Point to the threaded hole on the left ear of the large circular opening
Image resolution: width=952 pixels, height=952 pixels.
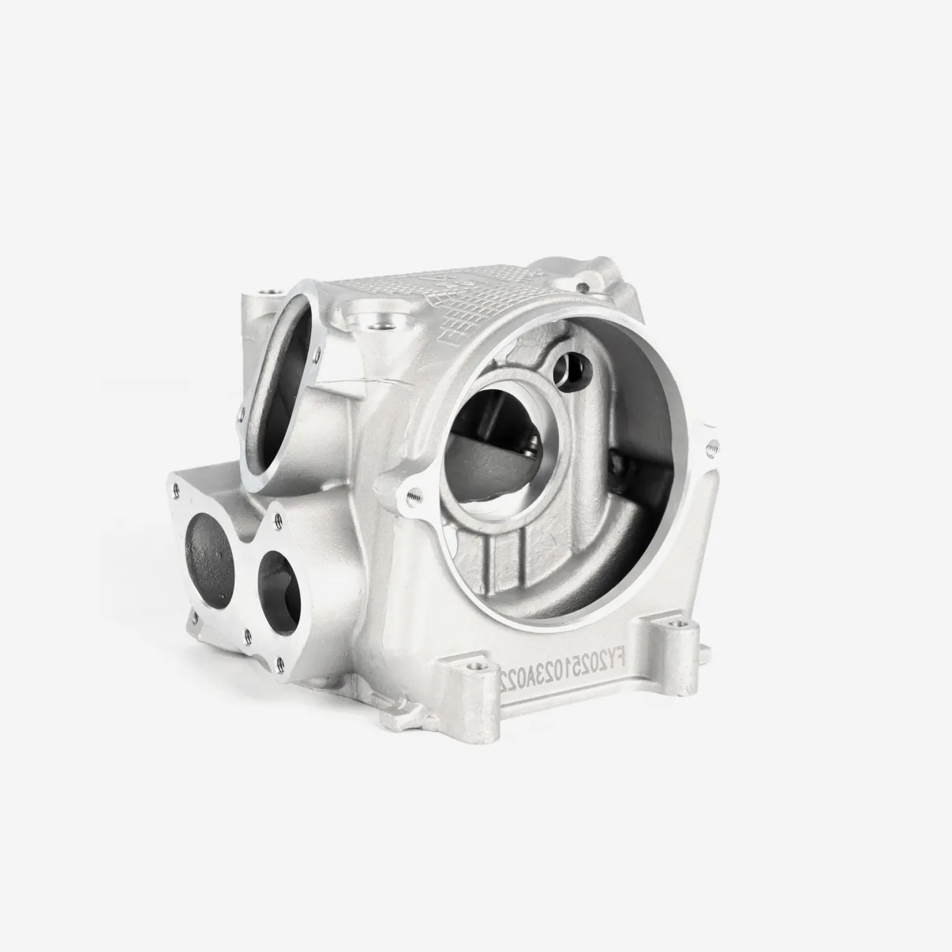click(411, 497)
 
